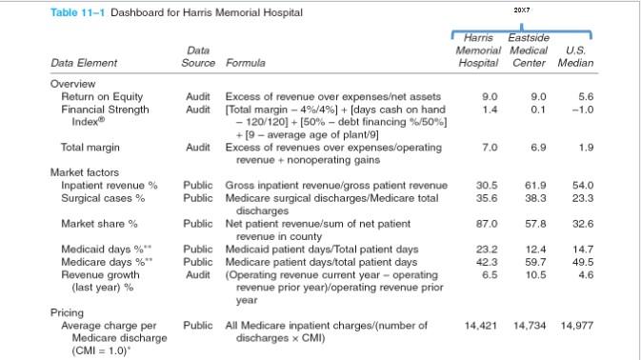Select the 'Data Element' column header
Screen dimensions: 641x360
click(x=84, y=63)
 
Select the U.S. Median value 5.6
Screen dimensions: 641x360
click(x=585, y=96)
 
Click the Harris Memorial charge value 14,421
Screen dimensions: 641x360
click(x=483, y=326)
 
